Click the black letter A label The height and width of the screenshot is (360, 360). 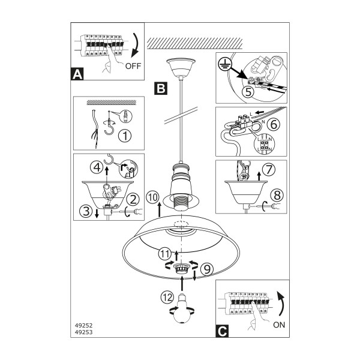point(77,74)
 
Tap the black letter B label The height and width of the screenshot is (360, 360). point(161,88)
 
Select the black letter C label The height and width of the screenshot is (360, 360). point(222,331)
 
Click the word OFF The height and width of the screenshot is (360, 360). point(133,66)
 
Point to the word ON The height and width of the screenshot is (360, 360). point(279,325)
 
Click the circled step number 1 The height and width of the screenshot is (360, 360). point(125,136)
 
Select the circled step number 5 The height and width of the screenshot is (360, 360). point(248,92)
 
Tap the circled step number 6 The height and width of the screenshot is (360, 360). point(274,124)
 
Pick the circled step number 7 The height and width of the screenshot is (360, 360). point(269,169)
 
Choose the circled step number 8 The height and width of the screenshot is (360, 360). point(277,196)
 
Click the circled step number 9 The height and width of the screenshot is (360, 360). point(207,269)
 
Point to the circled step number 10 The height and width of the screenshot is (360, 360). point(152,197)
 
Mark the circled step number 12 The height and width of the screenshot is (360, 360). point(167,298)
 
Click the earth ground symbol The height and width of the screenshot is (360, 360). point(225,64)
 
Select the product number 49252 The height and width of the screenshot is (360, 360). point(83,325)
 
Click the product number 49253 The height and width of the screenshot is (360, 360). point(83,332)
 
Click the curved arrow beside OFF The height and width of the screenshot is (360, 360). point(137,46)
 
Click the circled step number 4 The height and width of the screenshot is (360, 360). point(97,167)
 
